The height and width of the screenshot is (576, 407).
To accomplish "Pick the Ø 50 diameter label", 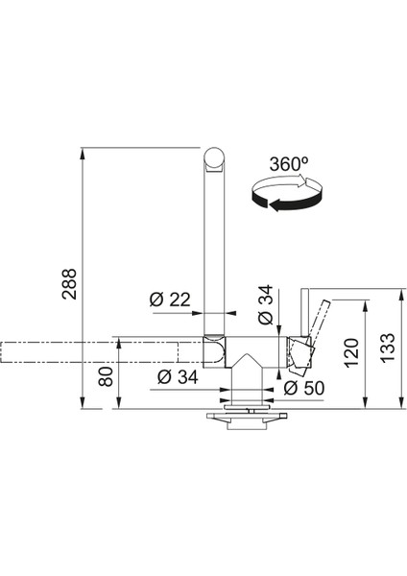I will point(304,388).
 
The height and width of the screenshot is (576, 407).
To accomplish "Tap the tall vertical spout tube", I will point(216,250).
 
